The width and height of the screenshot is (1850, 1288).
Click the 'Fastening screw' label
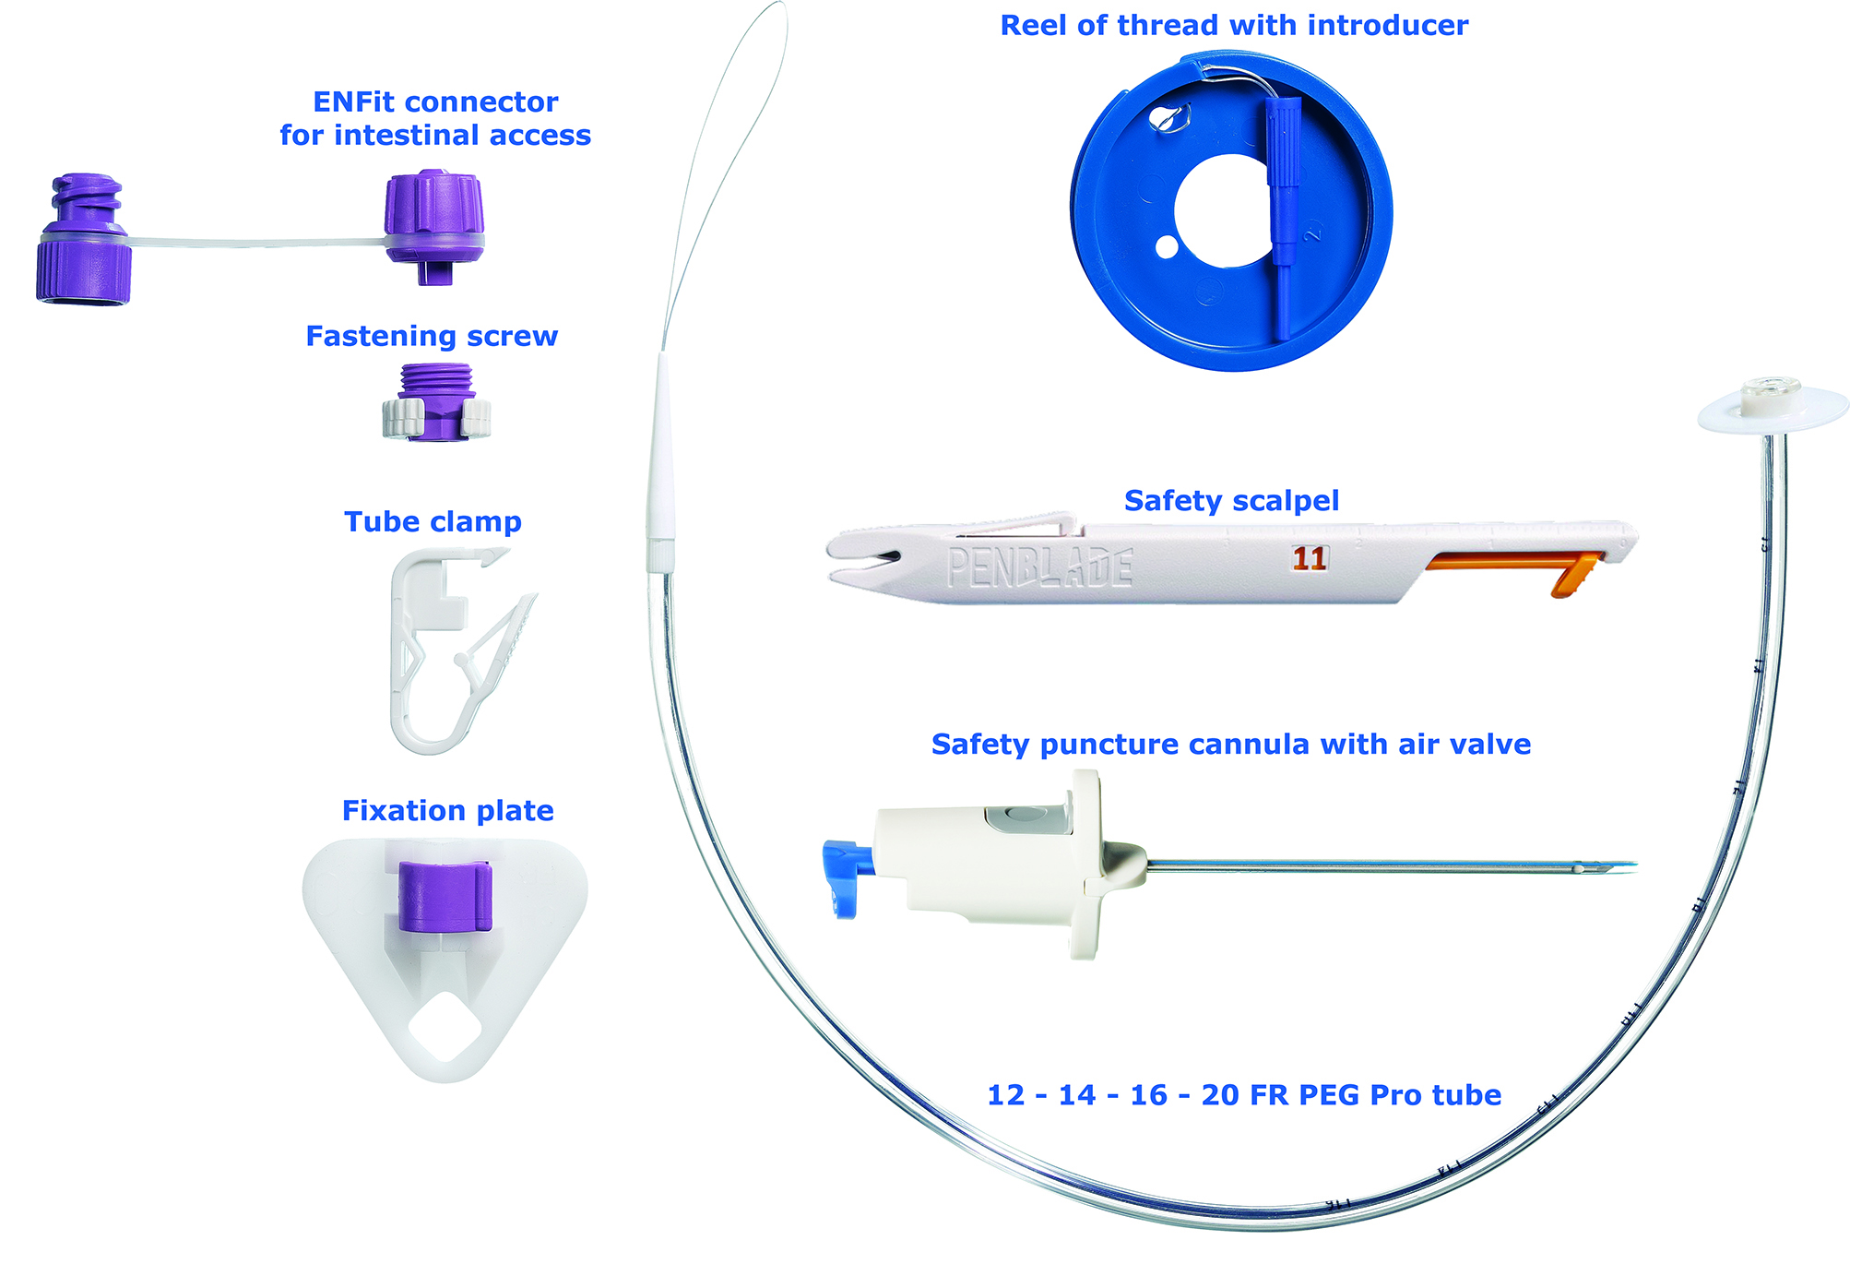click(x=432, y=336)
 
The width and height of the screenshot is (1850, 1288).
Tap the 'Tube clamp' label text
click(x=433, y=521)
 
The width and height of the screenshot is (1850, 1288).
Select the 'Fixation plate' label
click(x=447, y=810)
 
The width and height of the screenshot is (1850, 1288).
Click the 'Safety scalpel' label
click(x=1231, y=500)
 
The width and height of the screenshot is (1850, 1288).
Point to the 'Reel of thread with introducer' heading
click(x=1234, y=25)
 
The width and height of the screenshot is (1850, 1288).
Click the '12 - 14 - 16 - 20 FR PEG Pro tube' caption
click(x=1244, y=1094)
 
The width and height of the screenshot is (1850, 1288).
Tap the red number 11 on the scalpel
click(x=1309, y=558)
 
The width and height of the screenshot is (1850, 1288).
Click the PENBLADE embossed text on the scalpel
click(x=1039, y=567)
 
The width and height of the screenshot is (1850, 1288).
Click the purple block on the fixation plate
click(x=445, y=895)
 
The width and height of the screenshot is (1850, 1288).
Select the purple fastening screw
click(x=437, y=402)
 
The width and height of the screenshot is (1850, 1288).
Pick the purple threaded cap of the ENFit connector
click(x=83, y=240)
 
